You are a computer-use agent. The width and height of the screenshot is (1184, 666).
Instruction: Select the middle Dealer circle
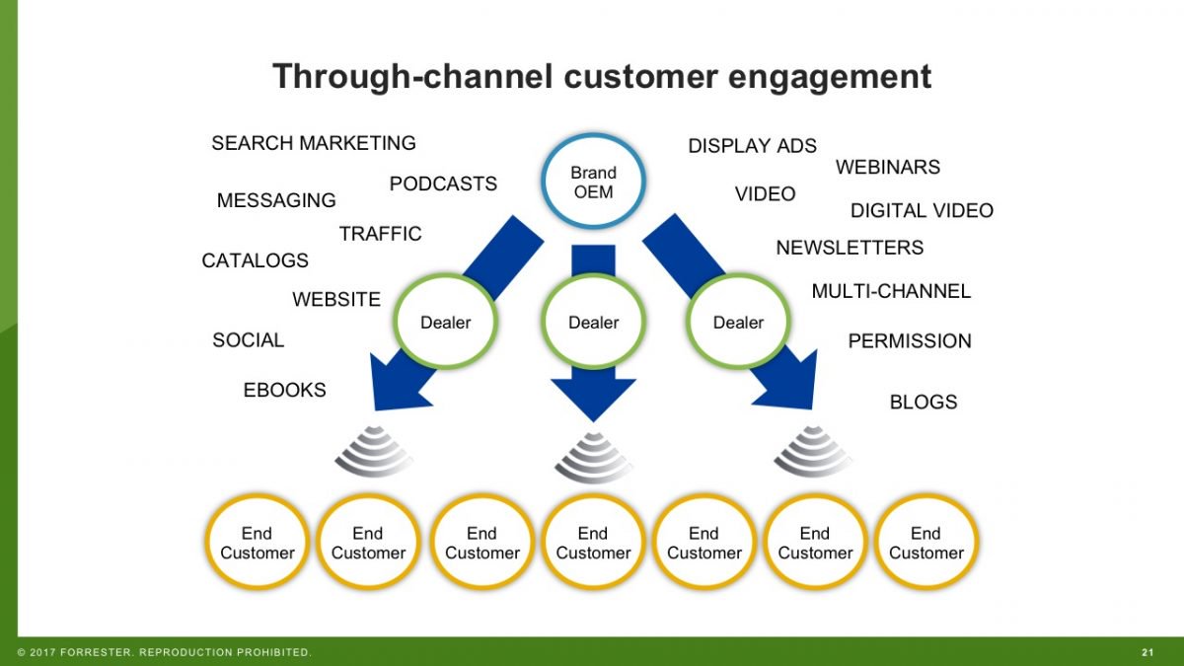coord(593,323)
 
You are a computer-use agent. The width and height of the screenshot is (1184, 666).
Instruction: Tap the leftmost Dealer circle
coord(445,323)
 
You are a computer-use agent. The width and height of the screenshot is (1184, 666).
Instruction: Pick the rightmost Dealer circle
coord(738,323)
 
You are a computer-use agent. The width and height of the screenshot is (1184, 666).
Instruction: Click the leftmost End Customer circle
coord(257,543)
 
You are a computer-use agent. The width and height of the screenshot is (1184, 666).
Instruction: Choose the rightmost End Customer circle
coord(925,543)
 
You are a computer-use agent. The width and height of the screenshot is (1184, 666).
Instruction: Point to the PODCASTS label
coord(443,184)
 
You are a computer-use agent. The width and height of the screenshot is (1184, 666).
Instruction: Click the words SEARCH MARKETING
coord(314,143)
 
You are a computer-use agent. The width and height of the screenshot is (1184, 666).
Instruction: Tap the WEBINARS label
coord(888,167)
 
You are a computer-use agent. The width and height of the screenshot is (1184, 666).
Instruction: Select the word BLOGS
coord(924,402)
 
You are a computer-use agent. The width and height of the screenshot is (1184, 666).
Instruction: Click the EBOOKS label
coord(284,390)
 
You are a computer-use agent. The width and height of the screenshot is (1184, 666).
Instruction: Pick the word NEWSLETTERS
coord(850,247)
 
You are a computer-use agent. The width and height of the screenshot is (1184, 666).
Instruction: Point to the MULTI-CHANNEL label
coord(891,291)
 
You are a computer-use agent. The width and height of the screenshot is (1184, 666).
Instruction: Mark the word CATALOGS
coord(255,260)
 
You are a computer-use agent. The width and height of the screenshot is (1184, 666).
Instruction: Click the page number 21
coord(1147,652)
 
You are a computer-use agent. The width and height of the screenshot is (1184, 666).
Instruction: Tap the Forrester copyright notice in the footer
coord(164,652)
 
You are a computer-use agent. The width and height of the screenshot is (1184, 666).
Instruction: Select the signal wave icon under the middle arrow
coord(593,456)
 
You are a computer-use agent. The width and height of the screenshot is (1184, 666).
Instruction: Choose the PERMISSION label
coord(910,340)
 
